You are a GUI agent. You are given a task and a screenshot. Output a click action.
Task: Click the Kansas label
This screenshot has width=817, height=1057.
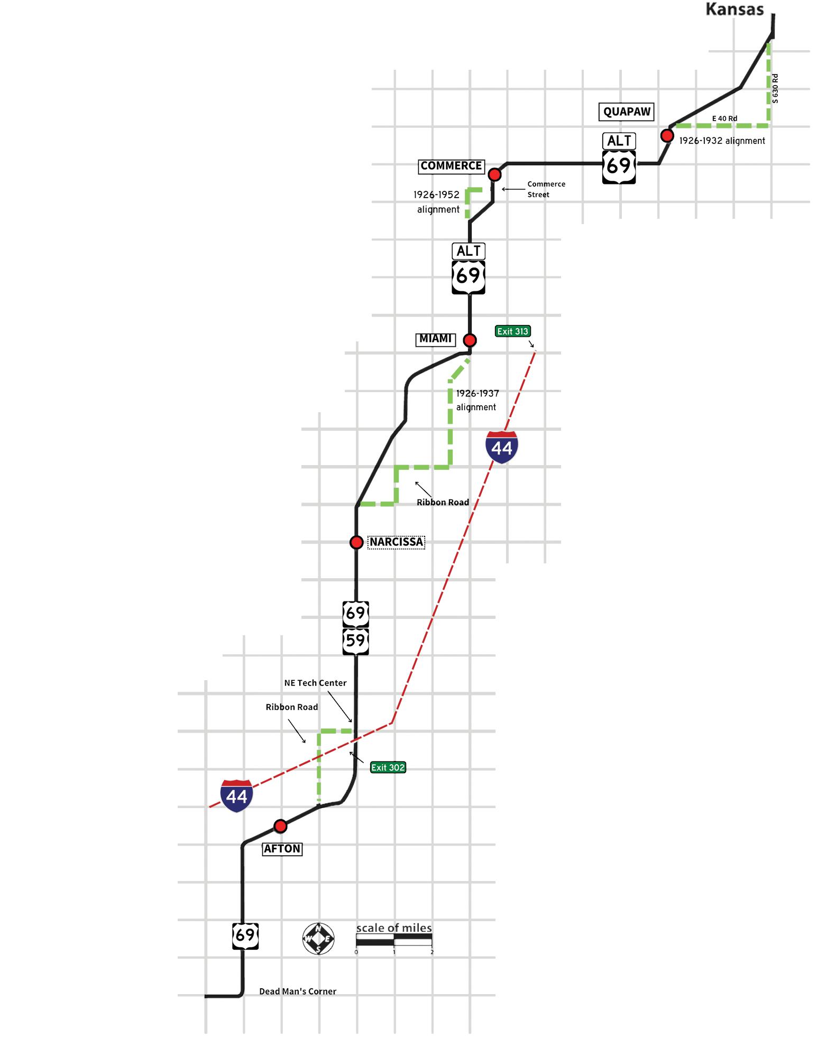tap(735, 10)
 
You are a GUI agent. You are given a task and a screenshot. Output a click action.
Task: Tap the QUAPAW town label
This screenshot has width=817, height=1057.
tap(627, 112)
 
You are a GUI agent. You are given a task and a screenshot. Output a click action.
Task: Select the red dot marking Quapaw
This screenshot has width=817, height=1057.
tap(667, 136)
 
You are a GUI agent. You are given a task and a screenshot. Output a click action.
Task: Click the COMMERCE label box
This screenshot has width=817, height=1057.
tap(451, 166)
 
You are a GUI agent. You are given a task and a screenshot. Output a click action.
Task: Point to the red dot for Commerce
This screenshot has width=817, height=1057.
tap(494, 174)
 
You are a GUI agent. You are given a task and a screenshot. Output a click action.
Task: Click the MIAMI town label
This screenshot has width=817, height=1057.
tap(435, 339)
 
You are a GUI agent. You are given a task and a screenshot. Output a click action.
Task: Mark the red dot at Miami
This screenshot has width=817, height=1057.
tap(470, 340)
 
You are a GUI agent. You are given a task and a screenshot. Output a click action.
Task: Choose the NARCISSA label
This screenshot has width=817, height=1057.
tap(396, 542)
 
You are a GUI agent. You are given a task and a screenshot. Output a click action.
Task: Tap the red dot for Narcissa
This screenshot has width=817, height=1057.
tap(356, 542)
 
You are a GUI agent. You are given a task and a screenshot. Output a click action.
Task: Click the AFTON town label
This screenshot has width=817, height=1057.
tap(282, 849)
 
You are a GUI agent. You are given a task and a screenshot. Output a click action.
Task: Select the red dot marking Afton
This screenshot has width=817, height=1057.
tap(280, 826)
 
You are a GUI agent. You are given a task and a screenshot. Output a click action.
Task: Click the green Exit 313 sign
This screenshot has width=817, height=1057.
tap(512, 331)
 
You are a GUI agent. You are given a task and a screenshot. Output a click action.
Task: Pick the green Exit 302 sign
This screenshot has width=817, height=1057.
tap(388, 767)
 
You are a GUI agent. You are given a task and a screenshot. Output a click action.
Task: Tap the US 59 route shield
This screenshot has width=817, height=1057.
tap(355, 641)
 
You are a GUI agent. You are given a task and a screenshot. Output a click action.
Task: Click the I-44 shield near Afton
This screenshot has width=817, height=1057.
tap(236, 795)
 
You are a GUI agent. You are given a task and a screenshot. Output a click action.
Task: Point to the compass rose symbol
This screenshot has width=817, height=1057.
tap(318, 939)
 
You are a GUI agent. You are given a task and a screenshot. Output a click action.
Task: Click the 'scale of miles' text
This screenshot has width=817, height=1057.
tap(393, 928)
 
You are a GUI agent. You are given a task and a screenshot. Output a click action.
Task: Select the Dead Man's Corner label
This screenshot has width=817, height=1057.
tap(297, 991)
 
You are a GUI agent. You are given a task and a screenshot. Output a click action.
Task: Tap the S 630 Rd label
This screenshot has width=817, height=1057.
tap(775, 88)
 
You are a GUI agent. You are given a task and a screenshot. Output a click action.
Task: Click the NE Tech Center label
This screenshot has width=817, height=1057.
tap(315, 683)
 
